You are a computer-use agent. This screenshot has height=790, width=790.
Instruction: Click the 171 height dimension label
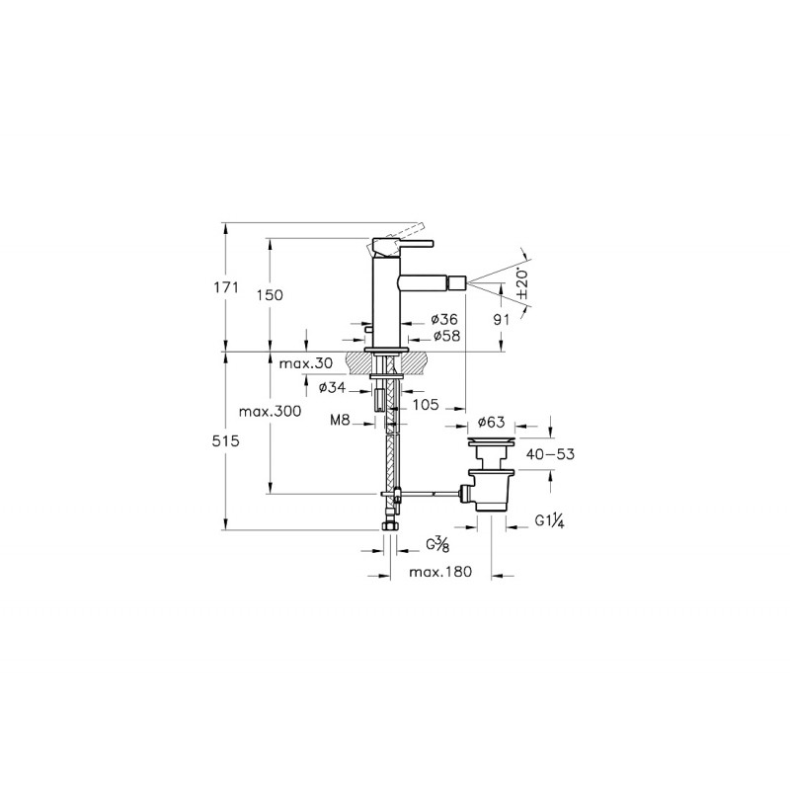tap(226, 287)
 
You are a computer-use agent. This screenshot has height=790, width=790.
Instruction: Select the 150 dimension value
tap(270, 295)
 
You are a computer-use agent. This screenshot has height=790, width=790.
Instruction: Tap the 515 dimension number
tap(226, 441)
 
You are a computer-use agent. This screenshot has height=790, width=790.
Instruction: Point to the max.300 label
tap(270, 411)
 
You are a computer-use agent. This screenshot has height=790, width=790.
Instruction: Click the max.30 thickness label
tap(306, 363)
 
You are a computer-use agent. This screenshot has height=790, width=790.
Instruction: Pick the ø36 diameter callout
tap(444, 319)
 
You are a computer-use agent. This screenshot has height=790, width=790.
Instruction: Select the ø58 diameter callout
tap(446, 336)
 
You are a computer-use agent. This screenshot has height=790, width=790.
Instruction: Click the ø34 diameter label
tap(333, 388)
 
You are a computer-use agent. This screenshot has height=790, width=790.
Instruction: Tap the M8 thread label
tap(340, 420)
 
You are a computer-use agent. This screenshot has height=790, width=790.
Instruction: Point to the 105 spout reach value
tap(426, 405)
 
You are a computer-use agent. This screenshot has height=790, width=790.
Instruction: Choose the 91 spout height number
tap(502, 319)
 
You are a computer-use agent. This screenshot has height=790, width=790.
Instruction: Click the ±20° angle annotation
tap(522, 283)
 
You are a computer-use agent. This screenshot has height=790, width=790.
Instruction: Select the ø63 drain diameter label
tap(491, 423)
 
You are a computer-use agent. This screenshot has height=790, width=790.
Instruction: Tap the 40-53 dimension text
tap(550, 454)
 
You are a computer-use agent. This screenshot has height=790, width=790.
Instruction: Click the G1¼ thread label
tap(549, 520)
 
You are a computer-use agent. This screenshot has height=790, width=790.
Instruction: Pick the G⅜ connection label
tap(437, 545)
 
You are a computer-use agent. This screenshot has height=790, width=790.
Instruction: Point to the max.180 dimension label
tap(440, 572)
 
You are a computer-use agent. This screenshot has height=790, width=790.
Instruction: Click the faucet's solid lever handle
tap(403, 246)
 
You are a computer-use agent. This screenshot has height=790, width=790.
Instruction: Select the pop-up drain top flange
tap(491, 441)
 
